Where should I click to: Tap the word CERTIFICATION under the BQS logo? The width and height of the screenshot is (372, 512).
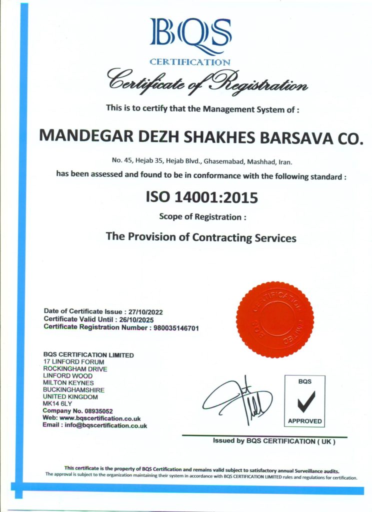[190, 62]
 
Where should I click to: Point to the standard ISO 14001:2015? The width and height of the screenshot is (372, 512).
[201, 197]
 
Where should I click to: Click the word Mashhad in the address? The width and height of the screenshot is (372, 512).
[256, 162]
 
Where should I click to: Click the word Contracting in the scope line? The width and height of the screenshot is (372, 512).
[222, 237]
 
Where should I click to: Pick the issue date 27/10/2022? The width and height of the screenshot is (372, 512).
[145, 311]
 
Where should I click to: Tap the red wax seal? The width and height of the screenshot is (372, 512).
[274, 319]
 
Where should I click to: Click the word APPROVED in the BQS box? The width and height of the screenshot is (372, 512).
[304, 421]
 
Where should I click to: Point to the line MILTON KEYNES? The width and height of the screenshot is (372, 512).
[68, 382]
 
